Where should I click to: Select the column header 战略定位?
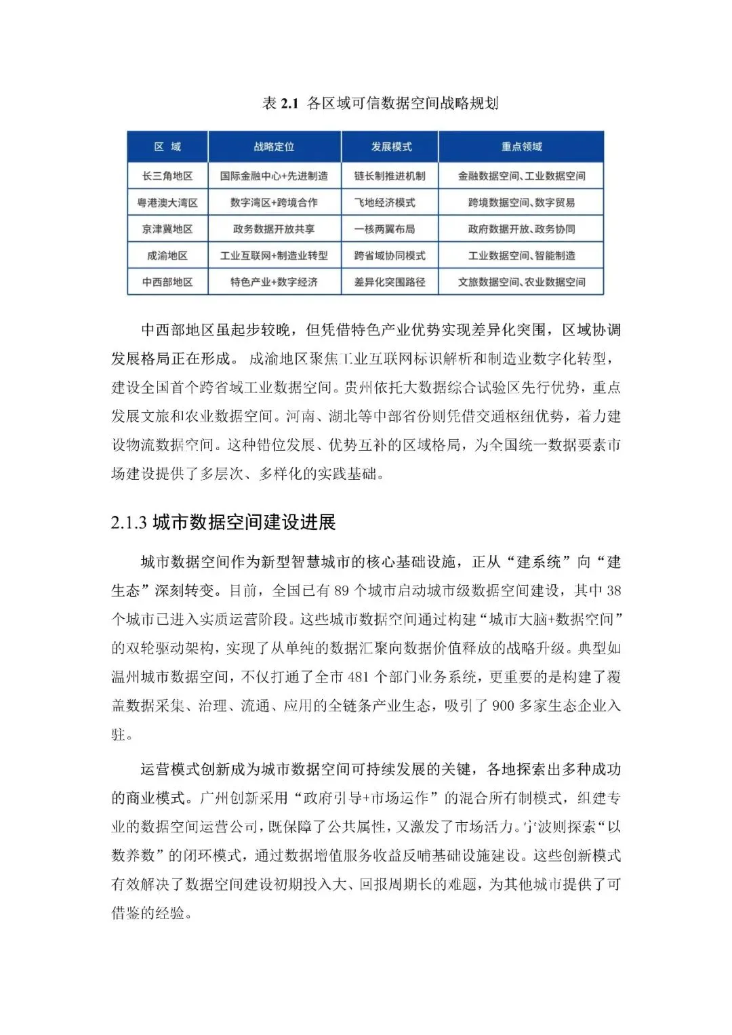click(274, 146)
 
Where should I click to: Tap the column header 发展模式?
click(390, 146)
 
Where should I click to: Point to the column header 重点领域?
click(521, 146)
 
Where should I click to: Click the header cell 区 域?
click(167, 146)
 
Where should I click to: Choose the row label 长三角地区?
click(167, 176)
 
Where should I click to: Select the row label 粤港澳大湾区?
click(167, 202)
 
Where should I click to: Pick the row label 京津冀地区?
click(167, 229)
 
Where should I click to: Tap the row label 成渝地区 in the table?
click(167, 256)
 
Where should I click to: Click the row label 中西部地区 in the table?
click(167, 282)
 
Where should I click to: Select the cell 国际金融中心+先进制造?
click(274, 176)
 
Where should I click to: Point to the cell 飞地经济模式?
click(385, 202)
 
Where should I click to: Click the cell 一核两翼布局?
click(385, 229)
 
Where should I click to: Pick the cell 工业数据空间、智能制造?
click(521, 256)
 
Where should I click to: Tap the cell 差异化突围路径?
click(390, 282)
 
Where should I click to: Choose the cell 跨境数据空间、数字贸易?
click(521, 202)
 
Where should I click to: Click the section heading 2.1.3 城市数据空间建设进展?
click(224, 522)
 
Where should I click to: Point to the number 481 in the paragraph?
click(357, 676)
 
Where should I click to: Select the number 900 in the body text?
click(503, 706)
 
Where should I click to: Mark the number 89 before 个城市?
click(341, 590)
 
